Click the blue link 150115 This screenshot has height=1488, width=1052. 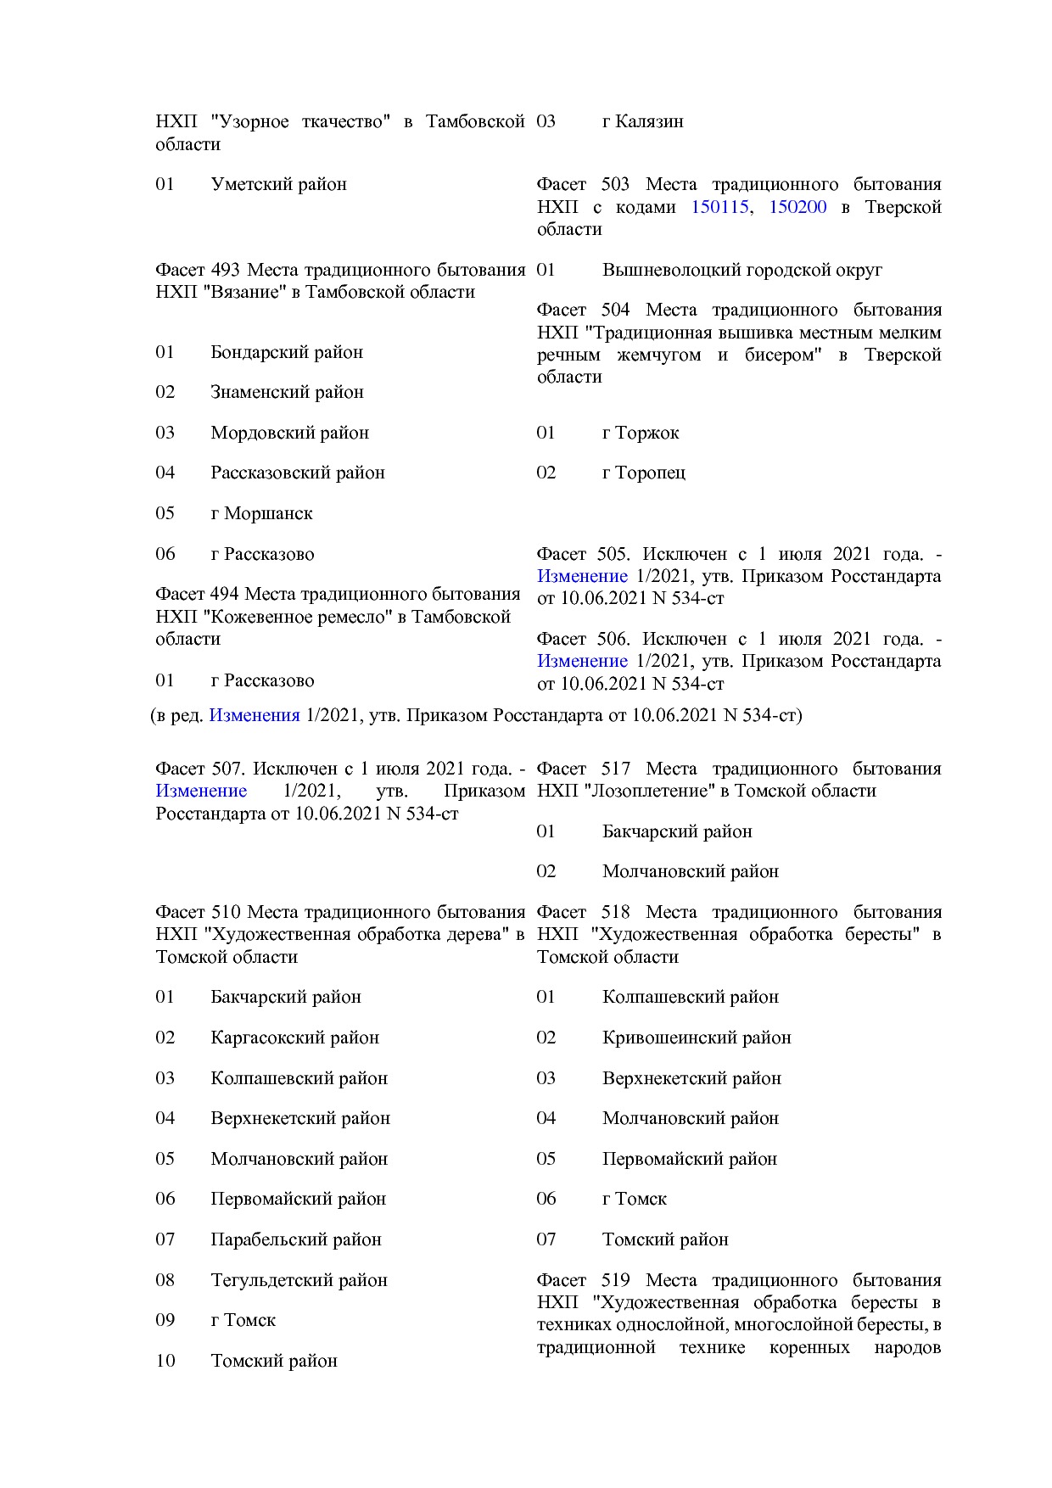pyautogui.click(x=719, y=207)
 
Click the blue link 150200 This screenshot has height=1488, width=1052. pyautogui.click(x=797, y=207)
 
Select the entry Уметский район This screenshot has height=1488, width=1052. pyautogui.click(x=278, y=184)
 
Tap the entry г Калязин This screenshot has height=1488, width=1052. pyautogui.click(x=642, y=121)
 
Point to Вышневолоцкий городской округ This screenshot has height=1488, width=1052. pyautogui.click(x=741, y=270)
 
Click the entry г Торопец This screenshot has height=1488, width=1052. pyautogui.click(x=643, y=473)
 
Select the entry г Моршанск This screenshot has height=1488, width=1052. pyautogui.click(x=261, y=513)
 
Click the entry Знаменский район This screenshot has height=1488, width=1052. pyautogui.click(x=287, y=392)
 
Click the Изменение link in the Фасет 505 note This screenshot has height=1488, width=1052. pyautogui.click(x=582, y=576)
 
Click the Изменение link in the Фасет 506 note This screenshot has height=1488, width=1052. pyautogui.click(x=582, y=661)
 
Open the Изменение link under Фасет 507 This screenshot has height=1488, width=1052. pyautogui.click(x=201, y=791)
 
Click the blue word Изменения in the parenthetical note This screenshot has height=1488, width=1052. pyautogui.click(x=255, y=715)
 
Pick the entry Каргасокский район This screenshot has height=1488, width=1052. pyautogui.click(x=294, y=1038)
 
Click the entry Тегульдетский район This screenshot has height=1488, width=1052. pyautogui.click(x=299, y=1280)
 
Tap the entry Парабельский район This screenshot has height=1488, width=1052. pyautogui.click(x=295, y=1239)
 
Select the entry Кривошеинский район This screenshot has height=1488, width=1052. pyautogui.click(x=696, y=1038)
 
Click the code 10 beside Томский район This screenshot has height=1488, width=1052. pyautogui.click(x=165, y=1361)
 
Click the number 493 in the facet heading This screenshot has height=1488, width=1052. pyautogui.click(x=226, y=270)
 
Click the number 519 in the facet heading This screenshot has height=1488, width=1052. pyautogui.click(x=615, y=1280)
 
